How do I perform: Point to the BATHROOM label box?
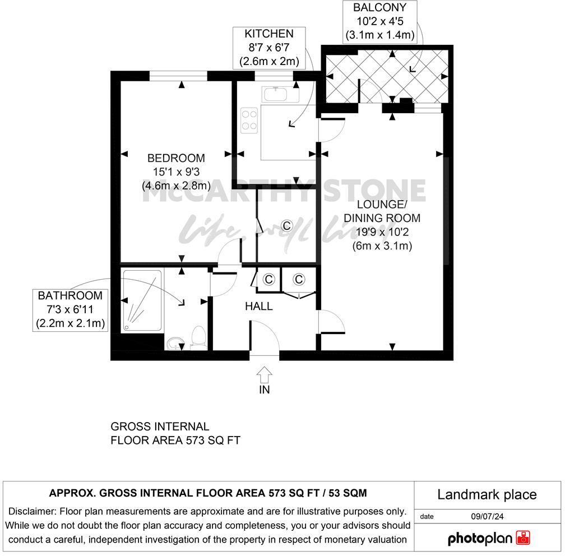pyautogui.click(x=70, y=309)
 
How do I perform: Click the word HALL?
pyautogui.click(x=259, y=307)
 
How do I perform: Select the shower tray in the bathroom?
pyautogui.click(x=142, y=300)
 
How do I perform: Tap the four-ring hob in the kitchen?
pyautogui.click(x=249, y=121)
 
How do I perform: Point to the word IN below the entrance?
pyautogui.click(x=265, y=390)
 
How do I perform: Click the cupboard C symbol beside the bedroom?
pyautogui.click(x=286, y=226)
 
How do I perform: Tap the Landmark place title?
pyautogui.click(x=487, y=494)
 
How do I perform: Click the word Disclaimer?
pyautogui.click(x=32, y=511)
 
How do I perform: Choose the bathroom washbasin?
pyautogui.click(x=174, y=342)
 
